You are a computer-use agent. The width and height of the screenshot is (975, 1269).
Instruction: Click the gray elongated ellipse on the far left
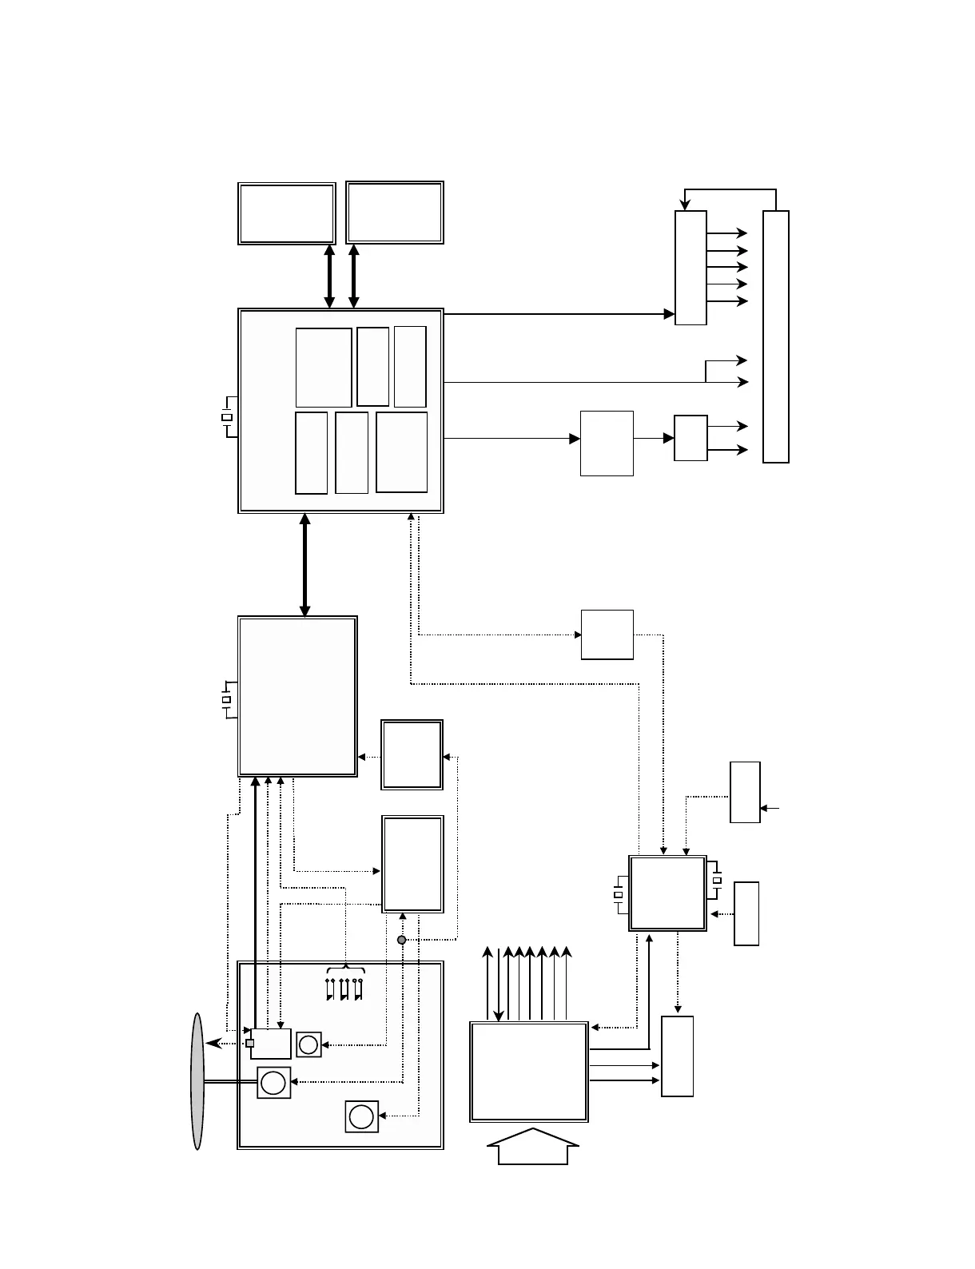click(197, 1080)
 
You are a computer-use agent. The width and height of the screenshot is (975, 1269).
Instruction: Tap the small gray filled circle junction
click(402, 940)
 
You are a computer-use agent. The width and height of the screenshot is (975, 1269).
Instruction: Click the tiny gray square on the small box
click(250, 1043)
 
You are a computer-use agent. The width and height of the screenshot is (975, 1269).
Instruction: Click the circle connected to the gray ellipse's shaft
click(273, 1083)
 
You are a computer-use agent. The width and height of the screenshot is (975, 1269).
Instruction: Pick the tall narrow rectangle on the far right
click(776, 336)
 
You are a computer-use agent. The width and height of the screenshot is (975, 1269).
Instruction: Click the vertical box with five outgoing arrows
click(690, 268)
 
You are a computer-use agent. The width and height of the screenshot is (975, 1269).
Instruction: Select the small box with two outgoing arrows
click(690, 438)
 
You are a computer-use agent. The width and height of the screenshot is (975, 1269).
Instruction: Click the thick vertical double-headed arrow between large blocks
click(304, 565)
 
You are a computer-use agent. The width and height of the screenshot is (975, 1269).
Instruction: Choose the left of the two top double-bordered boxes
click(286, 213)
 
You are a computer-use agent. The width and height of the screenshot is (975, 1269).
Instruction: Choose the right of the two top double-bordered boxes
click(395, 213)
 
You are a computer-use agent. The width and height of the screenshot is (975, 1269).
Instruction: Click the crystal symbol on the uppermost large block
click(227, 417)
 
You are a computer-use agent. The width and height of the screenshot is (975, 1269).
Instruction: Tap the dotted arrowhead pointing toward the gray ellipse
click(209, 1044)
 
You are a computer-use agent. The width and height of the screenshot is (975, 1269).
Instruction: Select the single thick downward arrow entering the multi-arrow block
click(499, 1015)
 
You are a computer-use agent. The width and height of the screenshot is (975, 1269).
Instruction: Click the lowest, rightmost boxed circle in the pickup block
click(361, 1116)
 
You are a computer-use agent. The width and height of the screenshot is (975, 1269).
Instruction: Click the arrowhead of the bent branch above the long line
click(742, 360)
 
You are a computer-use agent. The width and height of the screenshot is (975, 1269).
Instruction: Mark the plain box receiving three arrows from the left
click(677, 1056)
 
